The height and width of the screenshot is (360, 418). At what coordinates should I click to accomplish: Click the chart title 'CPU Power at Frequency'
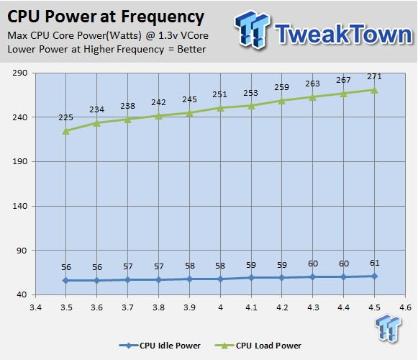(106, 17)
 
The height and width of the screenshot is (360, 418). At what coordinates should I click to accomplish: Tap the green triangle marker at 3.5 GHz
(66, 131)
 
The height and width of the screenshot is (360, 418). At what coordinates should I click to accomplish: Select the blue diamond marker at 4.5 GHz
(374, 276)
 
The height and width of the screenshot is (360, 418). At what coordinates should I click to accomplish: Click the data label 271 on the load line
(374, 76)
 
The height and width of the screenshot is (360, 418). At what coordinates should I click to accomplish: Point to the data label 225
(66, 117)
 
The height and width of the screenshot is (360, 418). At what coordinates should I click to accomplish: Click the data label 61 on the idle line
(375, 263)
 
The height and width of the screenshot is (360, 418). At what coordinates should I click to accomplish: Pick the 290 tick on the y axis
(20, 73)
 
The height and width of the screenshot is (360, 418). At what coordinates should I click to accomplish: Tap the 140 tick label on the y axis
(20, 206)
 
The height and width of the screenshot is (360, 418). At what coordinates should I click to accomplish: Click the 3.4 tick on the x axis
(35, 307)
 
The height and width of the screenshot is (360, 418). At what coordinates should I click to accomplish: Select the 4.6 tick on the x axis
(405, 307)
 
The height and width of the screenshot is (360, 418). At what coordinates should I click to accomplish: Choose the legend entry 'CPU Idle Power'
(160, 346)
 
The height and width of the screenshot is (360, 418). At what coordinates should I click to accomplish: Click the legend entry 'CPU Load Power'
(258, 346)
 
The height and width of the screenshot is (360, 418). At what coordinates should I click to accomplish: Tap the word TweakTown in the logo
(344, 34)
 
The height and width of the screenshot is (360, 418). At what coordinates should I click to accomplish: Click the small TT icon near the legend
(389, 328)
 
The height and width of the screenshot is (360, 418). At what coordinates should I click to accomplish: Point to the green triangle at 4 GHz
(220, 108)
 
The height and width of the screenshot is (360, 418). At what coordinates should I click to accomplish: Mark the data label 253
(250, 93)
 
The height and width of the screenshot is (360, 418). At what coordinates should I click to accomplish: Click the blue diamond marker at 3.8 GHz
(158, 279)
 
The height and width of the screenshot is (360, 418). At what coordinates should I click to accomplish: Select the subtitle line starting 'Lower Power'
(106, 50)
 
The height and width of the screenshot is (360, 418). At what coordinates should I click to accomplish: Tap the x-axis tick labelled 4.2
(282, 307)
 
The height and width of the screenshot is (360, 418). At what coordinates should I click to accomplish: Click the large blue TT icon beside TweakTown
(253, 30)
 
